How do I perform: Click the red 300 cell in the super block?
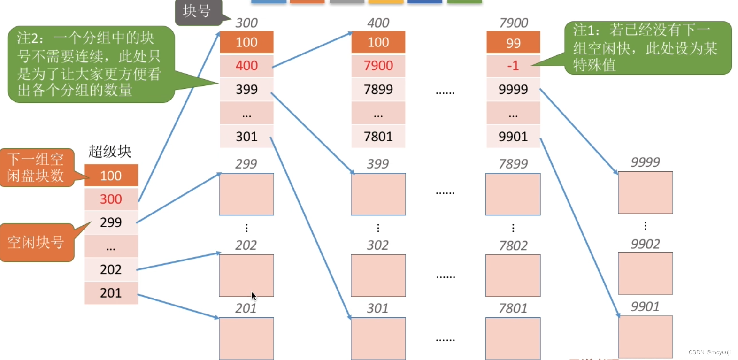[x=111, y=199]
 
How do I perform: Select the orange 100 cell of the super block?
[x=111, y=176]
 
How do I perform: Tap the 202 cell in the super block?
[x=111, y=269]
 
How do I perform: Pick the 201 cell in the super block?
[x=111, y=293]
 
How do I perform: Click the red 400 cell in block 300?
[x=246, y=66]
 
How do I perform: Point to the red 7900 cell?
[x=378, y=66]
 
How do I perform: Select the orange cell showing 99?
[x=513, y=43]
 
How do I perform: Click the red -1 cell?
[x=513, y=66]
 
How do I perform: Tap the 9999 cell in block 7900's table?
[x=513, y=89]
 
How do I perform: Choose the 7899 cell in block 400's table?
[x=378, y=89]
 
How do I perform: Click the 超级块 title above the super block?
[x=110, y=151]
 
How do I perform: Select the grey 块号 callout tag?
[x=197, y=11]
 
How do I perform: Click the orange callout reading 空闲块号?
[x=36, y=242]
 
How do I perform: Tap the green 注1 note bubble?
[x=647, y=47]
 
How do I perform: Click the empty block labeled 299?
[x=246, y=194]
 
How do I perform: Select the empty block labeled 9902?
[x=645, y=273]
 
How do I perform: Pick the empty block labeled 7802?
[x=513, y=276]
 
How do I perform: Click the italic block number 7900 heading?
[x=514, y=23]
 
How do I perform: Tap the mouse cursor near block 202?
[x=254, y=296]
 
